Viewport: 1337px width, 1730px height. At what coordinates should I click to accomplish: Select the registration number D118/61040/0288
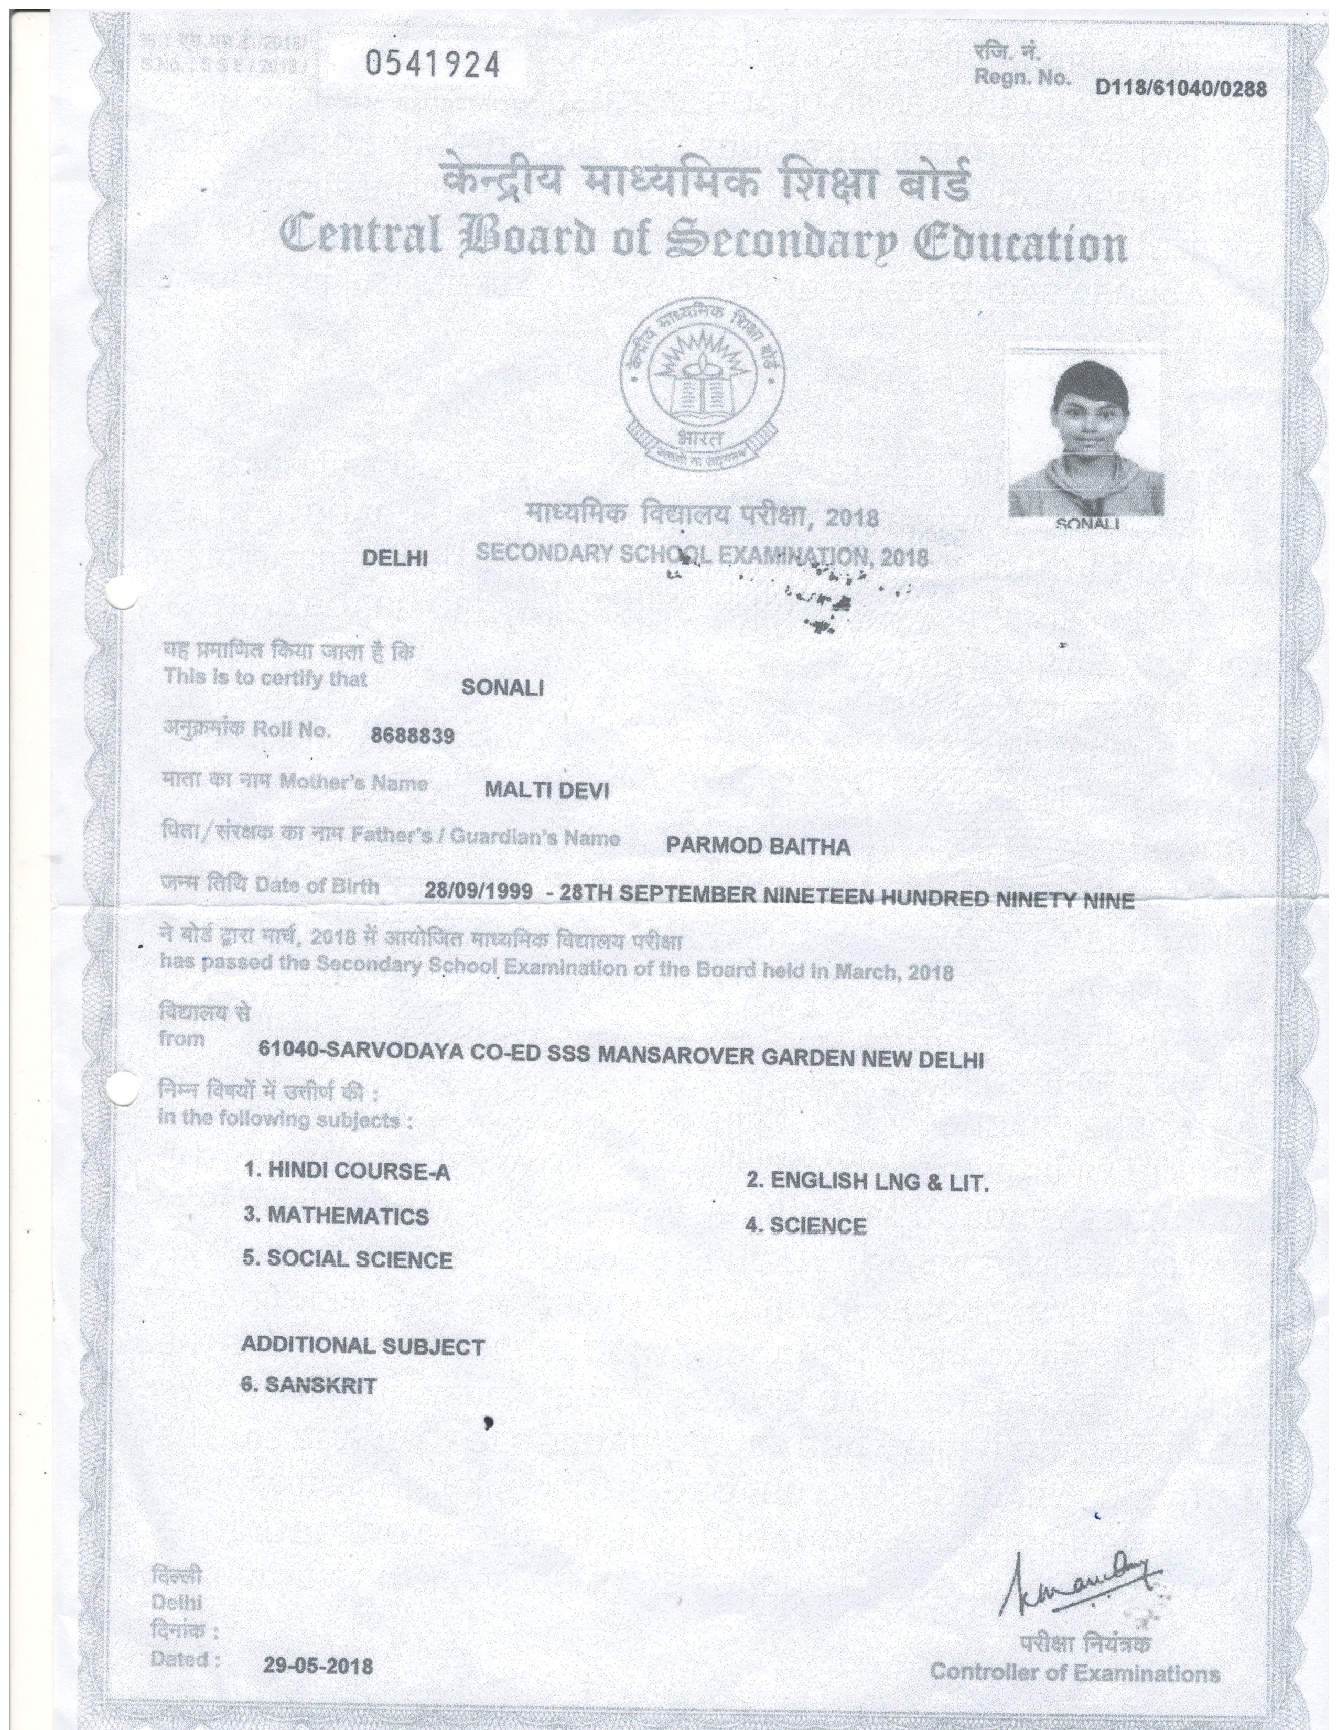[x=1181, y=88]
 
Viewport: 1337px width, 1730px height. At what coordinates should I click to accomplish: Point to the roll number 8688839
[x=413, y=736]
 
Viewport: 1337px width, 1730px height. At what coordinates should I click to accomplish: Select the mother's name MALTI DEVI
[x=546, y=790]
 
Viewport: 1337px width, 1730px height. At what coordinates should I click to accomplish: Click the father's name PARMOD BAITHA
[x=758, y=847]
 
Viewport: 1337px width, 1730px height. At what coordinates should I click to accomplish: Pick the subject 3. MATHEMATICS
[x=336, y=1215]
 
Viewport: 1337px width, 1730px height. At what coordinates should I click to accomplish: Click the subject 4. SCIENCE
[x=805, y=1226]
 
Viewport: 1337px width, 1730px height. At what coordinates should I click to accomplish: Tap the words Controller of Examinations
[x=1075, y=1673]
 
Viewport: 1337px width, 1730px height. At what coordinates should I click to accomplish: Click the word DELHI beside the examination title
[x=394, y=558]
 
